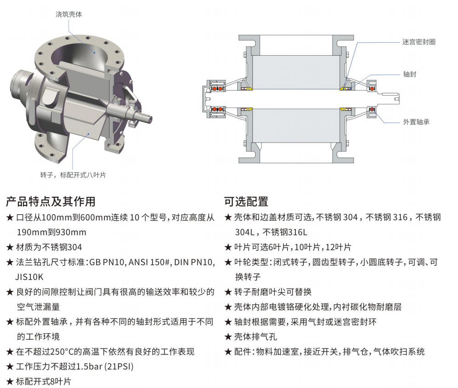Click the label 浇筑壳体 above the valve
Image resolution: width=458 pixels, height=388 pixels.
(x=69, y=14)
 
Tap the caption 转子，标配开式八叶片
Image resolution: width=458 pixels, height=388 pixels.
(x=73, y=175)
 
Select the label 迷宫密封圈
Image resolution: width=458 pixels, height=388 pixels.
(x=419, y=42)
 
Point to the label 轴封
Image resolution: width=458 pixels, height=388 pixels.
(x=410, y=74)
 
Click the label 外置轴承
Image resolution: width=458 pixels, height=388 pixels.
(x=416, y=122)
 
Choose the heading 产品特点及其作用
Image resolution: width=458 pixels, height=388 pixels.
(x=51, y=201)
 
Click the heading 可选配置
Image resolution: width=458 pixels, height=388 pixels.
(x=246, y=201)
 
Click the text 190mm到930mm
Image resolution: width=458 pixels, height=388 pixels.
(x=52, y=233)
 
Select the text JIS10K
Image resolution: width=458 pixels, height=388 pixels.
(x=29, y=277)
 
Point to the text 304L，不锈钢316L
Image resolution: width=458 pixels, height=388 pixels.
(x=271, y=233)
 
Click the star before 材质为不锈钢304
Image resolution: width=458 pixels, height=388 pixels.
(x=10, y=247)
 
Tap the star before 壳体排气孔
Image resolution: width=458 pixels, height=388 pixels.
(x=228, y=337)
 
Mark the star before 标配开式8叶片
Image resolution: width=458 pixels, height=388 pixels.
(x=10, y=382)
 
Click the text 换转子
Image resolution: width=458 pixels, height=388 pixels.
(x=248, y=277)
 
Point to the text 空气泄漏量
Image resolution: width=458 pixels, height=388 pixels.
(x=38, y=307)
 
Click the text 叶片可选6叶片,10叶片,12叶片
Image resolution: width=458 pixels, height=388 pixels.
(x=292, y=247)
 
